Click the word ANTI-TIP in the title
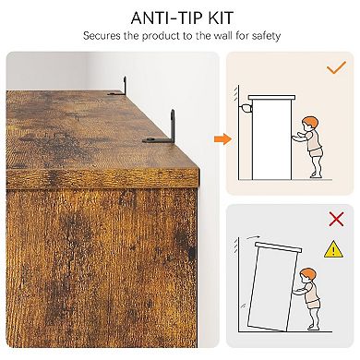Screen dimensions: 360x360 click(x=163, y=18)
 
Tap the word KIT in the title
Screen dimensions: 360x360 click(x=218, y=18)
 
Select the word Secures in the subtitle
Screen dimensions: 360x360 click(x=102, y=36)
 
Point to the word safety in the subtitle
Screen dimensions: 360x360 click(x=266, y=36)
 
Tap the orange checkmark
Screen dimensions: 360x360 click(x=336, y=67)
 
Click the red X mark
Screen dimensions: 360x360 click(x=336, y=219)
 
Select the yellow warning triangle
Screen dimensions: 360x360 click(x=333, y=249)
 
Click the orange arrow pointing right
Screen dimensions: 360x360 click(x=222, y=139)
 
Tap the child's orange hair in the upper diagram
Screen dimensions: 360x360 click(x=310, y=123)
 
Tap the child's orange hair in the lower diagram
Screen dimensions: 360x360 click(x=308, y=274)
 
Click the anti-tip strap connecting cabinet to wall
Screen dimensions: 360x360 click(x=246, y=109)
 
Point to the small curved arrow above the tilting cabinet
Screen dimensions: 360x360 click(x=254, y=237)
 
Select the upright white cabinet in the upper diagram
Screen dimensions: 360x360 click(x=271, y=138)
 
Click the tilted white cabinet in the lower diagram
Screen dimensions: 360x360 click(x=273, y=284)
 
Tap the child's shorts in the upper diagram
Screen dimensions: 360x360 click(x=315, y=152)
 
